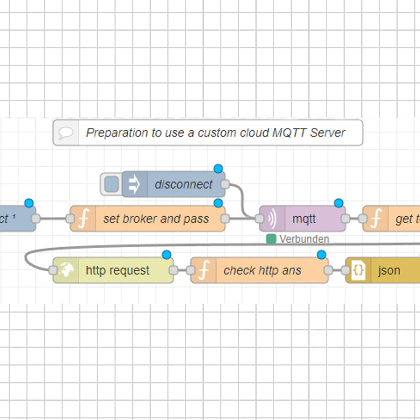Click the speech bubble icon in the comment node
(x=66, y=133)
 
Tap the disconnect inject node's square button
(x=111, y=184)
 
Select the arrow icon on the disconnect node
(x=134, y=184)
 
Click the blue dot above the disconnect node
(x=218, y=169)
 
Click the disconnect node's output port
(x=225, y=184)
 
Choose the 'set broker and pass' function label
(x=156, y=219)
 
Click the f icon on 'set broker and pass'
(x=83, y=219)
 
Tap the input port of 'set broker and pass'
(x=70, y=218)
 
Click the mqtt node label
(x=304, y=219)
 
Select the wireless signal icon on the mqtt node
(x=272, y=219)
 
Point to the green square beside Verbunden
(x=271, y=239)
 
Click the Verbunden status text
(x=304, y=239)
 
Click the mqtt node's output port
(x=346, y=218)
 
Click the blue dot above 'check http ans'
(x=321, y=255)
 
